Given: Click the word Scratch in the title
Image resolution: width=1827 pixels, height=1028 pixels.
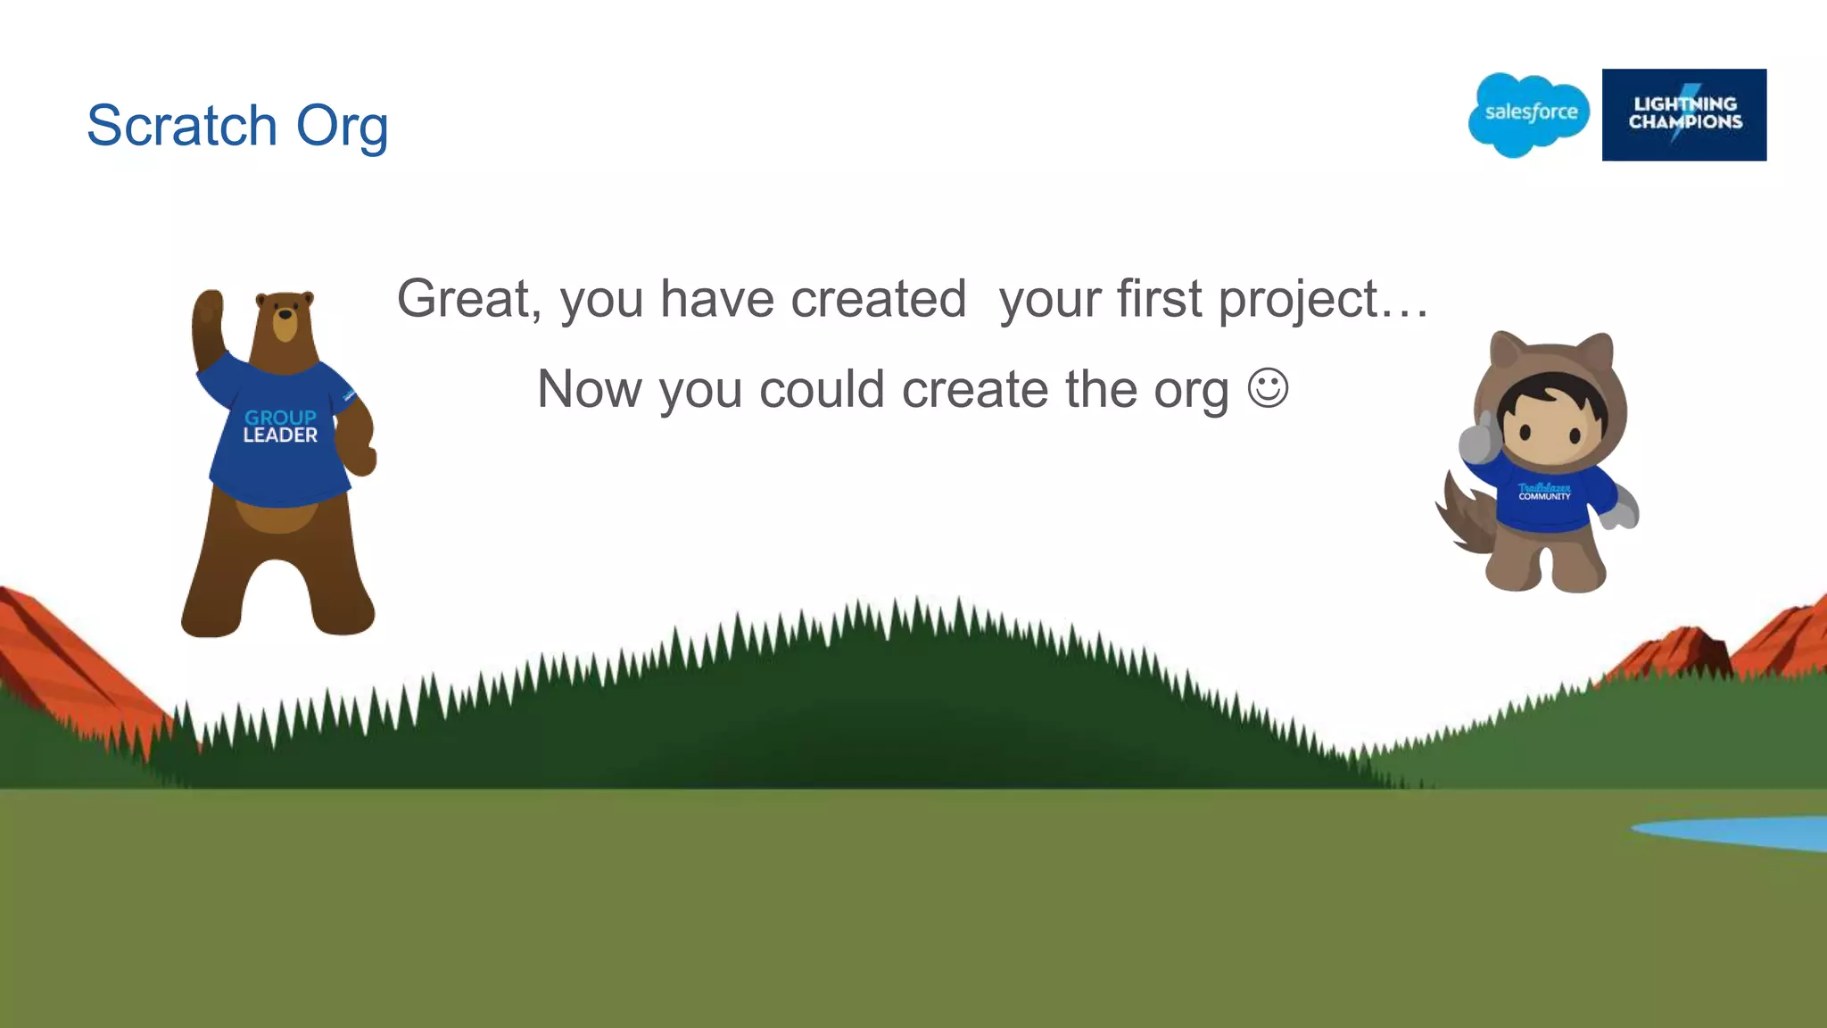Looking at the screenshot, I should click(x=182, y=125).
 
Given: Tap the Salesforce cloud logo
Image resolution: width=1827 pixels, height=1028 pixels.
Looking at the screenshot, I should click(x=1529, y=113).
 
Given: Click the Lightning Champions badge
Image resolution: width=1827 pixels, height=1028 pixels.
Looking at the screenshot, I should click(x=1683, y=114).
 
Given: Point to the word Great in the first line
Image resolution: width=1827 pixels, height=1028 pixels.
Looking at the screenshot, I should click(x=467, y=298).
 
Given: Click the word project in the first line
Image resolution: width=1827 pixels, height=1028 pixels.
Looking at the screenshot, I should click(x=1299, y=300).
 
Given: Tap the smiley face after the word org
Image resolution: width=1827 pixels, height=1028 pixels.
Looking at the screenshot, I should click(x=1268, y=388).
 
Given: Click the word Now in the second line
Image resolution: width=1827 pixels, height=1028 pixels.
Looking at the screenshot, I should click(x=590, y=389).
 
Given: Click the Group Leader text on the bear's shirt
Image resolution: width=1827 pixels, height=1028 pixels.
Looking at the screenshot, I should click(x=280, y=427).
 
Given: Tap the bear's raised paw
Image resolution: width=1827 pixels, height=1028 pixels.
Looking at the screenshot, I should click(x=209, y=311).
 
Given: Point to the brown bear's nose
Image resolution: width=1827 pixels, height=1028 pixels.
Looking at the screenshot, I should click(x=285, y=314).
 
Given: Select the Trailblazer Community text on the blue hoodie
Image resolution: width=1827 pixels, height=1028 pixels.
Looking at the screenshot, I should click(x=1544, y=492).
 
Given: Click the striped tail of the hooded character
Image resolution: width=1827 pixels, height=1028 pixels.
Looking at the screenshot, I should click(x=1463, y=521).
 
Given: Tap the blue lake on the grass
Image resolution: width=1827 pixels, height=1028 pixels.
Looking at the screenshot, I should click(x=1740, y=833).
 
